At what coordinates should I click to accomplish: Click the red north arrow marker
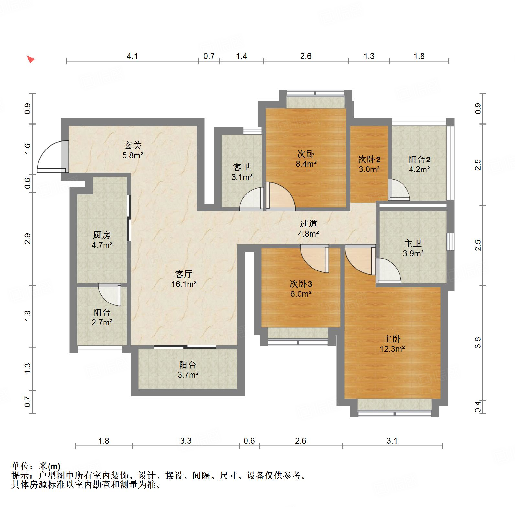[x=30, y=60]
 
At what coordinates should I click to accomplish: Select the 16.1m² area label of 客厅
[x=184, y=284]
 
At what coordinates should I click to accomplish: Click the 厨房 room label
[x=102, y=235]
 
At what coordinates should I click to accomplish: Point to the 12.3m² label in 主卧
[x=392, y=349]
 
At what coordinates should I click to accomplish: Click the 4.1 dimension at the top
[x=132, y=56]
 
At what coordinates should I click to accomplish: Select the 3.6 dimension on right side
[x=478, y=343]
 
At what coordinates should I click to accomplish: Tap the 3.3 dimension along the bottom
[x=186, y=441]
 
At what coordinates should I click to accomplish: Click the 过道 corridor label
[x=308, y=224]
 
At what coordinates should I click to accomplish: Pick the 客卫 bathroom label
[x=241, y=167]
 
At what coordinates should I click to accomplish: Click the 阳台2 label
[x=419, y=159]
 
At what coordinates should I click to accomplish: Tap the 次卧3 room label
[x=301, y=284]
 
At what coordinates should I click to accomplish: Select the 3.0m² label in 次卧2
[x=369, y=169]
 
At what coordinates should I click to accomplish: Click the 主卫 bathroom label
[x=412, y=243]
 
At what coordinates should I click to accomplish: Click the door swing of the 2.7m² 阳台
[x=110, y=294]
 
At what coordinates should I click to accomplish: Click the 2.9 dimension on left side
[x=28, y=239]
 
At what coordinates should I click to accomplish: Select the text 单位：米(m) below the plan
[x=36, y=466]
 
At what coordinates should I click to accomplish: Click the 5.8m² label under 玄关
[x=133, y=155]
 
